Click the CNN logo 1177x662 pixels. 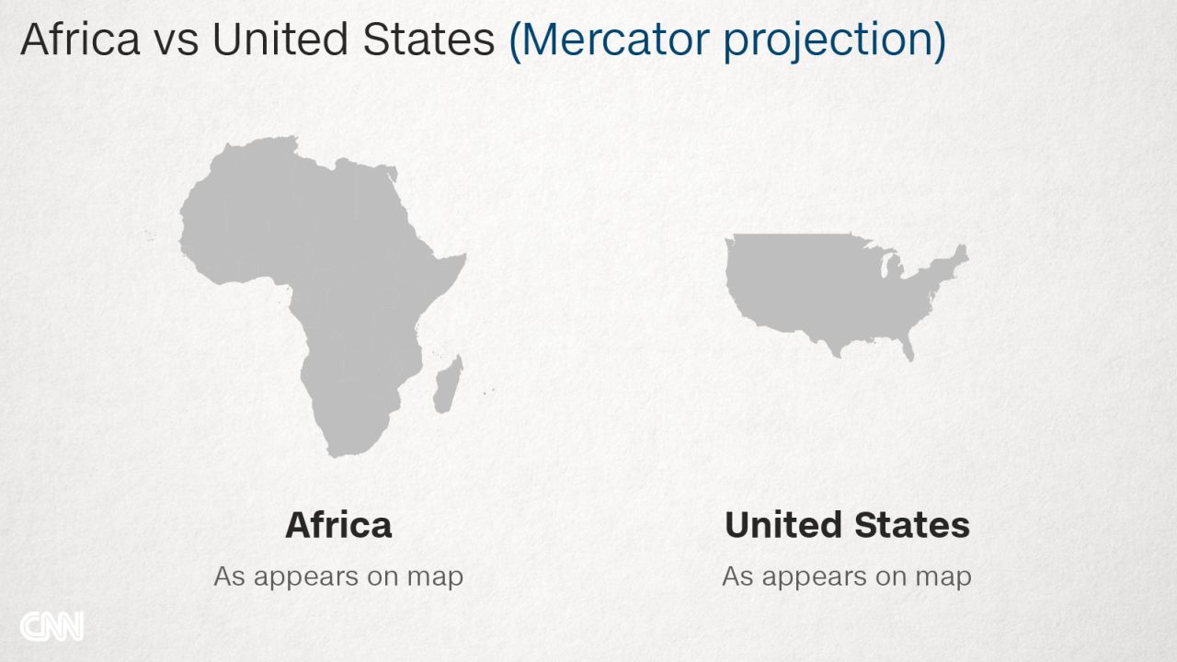pyautogui.click(x=51, y=626)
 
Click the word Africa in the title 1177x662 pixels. pyautogui.click(x=80, y=40)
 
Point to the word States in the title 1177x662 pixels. pyautogui.click(x=429, y=40)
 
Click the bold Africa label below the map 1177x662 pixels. pyautogui.click(x=338, y=525)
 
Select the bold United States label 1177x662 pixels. pyautogui.click(x=847, y=525)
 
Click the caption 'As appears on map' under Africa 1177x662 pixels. pyautogui.click(x=338, y=576)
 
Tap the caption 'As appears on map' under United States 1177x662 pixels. pyautogui.click(x=847, y=576)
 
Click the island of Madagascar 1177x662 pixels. pyautogui.click(x=448, y=384)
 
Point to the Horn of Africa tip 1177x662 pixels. pyautogui.click(x=465, y=256)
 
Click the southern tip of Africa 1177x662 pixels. pyautogui.click(x=337, y=455)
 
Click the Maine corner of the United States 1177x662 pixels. pyautogui.click(x=962, y=252)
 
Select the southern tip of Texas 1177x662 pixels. pyautogui.click(x=837, y=356)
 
